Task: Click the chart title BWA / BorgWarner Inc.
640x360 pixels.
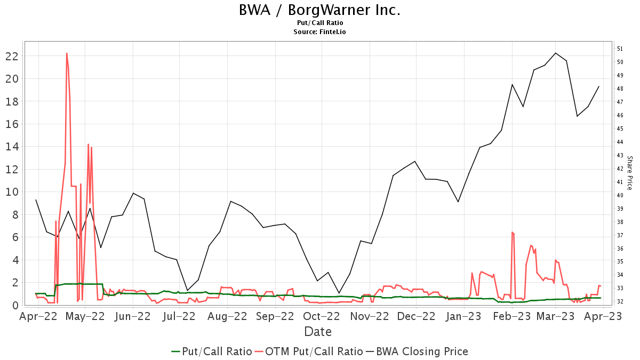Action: click(x=319, y=10)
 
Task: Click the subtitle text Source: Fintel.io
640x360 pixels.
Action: click(x=319, y=32)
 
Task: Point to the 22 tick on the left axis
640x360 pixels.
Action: click(x=13, y=56)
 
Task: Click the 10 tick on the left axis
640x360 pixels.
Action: click(x=13, y=192)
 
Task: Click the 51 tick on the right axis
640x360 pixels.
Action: click(x=620, y=49)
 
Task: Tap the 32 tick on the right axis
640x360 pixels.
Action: click(x=620, y=301)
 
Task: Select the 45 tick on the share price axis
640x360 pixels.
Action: click(x=620, y=129)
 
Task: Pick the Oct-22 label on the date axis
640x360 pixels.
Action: click(x=318, y=316)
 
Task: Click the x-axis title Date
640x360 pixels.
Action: click(x=318, y=332)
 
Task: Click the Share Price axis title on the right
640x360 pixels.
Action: click(x=629, y=173)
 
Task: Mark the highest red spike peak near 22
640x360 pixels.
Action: click(x=67, y=53)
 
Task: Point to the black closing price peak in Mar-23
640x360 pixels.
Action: click(x=556, y=53)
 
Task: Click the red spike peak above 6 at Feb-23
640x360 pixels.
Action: click(x=512, y=232)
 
